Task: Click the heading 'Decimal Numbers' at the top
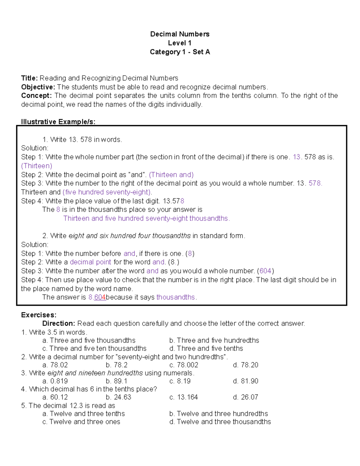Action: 180,34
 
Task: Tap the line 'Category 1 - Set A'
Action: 180,52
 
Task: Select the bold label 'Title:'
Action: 29,78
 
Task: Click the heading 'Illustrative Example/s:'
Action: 58,122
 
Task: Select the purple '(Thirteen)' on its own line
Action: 37,166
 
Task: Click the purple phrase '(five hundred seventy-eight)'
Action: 107,192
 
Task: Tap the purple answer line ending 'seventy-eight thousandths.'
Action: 146,218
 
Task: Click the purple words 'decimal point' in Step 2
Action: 90,262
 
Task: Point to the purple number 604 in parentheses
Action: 265,271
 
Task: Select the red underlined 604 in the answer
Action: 100,297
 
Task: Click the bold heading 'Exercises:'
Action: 39,315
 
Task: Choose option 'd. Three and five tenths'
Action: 206,348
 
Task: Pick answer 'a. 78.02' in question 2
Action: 55,365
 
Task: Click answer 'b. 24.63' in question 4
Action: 118,397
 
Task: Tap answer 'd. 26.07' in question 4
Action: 245,397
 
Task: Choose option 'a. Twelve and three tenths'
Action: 84,413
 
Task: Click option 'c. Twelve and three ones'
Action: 81,422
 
